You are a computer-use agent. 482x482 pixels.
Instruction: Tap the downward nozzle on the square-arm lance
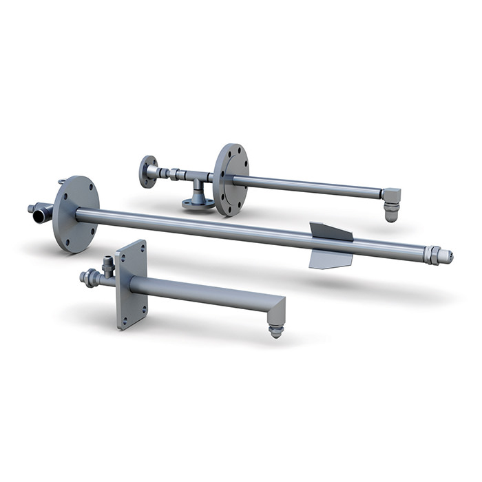tap(276, 329)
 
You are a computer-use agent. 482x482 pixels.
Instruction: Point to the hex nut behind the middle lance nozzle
tap(433, 254)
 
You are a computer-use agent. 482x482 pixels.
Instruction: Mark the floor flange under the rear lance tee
tap(198, 202)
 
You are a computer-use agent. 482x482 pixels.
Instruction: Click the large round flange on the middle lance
tap(76, 213)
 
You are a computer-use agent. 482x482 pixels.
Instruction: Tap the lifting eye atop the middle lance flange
tap(63, 182)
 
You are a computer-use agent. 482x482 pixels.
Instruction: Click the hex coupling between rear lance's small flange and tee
tap(172, 174)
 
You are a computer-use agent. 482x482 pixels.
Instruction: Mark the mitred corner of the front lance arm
tap(279, 303)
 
